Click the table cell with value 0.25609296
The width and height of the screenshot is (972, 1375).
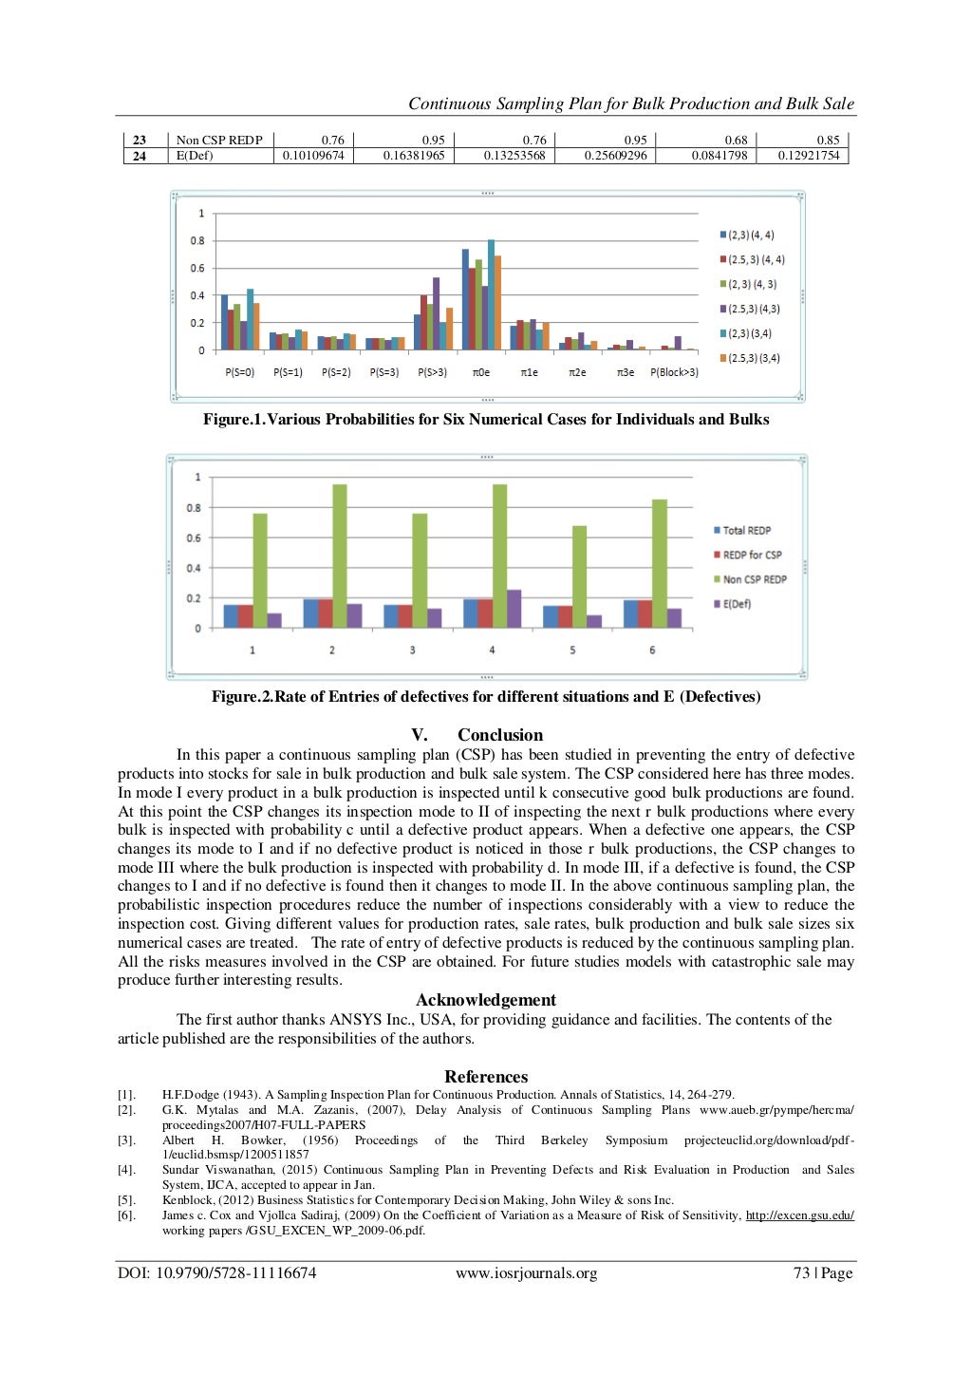click(615, 156)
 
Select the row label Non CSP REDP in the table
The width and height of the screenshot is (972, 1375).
click(219, 141)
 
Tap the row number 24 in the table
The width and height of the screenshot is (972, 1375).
click(140, 156)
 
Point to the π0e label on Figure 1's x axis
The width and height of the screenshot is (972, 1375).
click(481, 372)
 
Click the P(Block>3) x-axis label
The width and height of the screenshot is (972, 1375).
click(674, 372)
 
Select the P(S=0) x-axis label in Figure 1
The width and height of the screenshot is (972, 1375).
click(239, 372)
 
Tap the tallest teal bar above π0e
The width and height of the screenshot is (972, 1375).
click(491, 294)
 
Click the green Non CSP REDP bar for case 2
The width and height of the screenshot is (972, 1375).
click(339, 556)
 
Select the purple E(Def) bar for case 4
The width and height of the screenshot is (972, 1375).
click(514, 608)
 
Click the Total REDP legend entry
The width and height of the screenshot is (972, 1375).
click(746, 530)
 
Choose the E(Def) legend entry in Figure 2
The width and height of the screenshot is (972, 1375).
click(737, 604)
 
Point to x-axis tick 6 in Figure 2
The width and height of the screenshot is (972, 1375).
click(652, 650)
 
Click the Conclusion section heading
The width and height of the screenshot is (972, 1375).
click(499, 735)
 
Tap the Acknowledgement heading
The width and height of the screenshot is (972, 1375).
click(486, 1000)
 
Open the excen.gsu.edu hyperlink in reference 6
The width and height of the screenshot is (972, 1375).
click(799, 1215)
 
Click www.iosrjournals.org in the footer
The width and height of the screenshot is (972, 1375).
click(526, 1273)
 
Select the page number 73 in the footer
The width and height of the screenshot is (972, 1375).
click(801, 1273)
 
